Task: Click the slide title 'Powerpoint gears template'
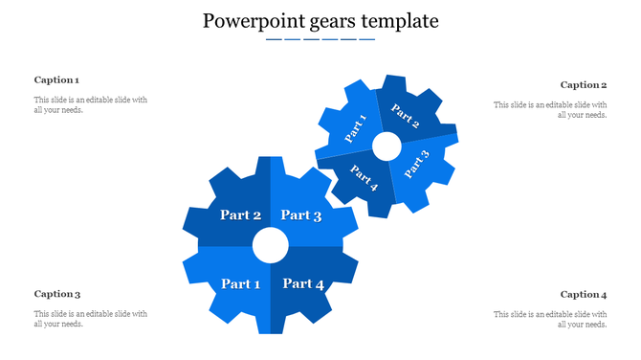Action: point(320,20)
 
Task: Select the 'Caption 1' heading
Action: point(56,80)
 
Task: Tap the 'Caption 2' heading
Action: point(584,85)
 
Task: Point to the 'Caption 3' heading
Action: point(56,294)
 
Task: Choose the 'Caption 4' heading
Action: point(584,294)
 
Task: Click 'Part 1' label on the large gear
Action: point(240,283)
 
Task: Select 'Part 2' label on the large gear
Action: point(240,215)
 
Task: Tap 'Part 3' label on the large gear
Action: point(300,215)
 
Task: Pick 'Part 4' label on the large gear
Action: point(303,283)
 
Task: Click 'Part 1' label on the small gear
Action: point(355,128)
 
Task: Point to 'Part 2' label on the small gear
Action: point(406,117)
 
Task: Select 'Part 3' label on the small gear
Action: point(417,164)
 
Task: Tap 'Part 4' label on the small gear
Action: point(365,178)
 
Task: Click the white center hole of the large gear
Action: point(271,246)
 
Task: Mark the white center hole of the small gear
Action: point(387,146)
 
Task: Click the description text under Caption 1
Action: point(91,105)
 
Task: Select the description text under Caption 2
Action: point(550,110)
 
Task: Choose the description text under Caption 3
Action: point(91,319)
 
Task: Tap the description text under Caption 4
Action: point(550,319)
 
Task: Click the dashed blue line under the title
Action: point(320,40)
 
